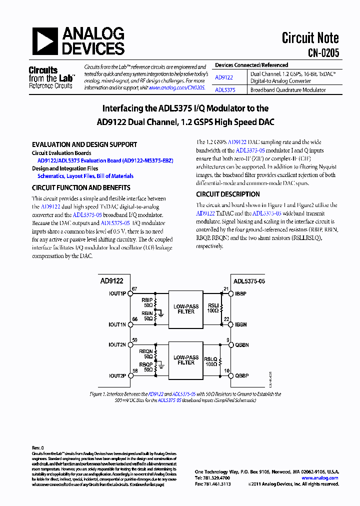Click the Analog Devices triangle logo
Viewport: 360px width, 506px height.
coord(45,41)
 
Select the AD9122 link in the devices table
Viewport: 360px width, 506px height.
coord(223,77)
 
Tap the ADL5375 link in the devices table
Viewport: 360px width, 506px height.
coord(224,90)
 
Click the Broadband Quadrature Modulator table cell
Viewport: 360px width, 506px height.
coord(288,90)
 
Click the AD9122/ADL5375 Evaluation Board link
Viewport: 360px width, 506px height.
coord(105,161)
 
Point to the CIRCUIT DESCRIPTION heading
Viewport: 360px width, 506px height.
coord(227,194)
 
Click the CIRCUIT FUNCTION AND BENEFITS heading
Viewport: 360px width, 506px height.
coord(81,188)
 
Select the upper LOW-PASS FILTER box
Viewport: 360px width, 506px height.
coord(186,309)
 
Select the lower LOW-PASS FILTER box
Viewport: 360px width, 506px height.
coord(186,360)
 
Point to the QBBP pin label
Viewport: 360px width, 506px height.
coord(242,375)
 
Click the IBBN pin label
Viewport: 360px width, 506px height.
coord(241,324)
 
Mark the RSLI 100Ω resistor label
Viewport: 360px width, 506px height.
coord(213,307)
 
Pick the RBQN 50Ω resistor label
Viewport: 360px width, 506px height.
coord(146,354)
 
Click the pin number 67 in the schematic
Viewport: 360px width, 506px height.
coord(134,289)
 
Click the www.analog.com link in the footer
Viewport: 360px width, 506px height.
coord(319,478)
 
